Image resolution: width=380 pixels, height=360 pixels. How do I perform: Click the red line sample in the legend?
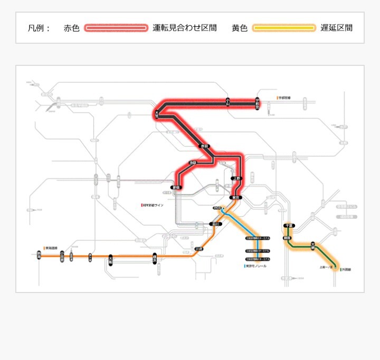click(116, 28)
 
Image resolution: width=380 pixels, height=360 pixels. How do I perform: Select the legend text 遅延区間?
click(336, 28)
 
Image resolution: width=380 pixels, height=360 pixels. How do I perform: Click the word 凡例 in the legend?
click(39, 28)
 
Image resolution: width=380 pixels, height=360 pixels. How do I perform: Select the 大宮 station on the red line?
click(157, 113)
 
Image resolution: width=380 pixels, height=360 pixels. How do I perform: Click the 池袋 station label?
click(192, 163)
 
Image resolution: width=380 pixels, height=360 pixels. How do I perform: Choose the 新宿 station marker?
click(176, 187)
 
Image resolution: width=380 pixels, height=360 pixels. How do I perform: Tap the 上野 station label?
click(236, 179)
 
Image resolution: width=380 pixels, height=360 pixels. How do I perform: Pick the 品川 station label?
click(214, 224)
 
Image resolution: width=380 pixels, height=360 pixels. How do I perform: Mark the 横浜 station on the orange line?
click(155, 258)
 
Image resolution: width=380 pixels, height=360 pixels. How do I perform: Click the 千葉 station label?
click(289, 226)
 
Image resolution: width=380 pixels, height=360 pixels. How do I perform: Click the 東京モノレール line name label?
click(256, 266)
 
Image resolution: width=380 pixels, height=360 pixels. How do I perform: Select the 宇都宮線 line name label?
click(284, 98)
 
